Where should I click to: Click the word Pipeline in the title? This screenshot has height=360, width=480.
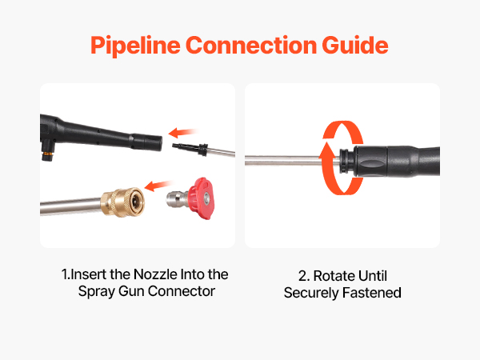[x=135, y=46]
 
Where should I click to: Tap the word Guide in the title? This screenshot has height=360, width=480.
[x=355, y=45]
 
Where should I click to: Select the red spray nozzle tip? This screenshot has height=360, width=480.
[x=201, y=198]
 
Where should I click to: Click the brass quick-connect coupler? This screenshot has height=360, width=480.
[x=122, y=202]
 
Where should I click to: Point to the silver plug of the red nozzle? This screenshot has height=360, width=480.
[x=178, y=199]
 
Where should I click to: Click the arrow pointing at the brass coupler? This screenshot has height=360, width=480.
[x=158, y=186]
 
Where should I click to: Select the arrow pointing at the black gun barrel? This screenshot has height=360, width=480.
[x=182, y=133]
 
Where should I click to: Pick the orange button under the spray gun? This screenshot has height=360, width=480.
[x=47, y=154]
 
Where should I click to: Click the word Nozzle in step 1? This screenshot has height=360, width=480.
[x=155, y=274]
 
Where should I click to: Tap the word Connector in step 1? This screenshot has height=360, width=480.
[x=182, y=291]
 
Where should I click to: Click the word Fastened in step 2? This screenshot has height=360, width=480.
[x=372, y=292]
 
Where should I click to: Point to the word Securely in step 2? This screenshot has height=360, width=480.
[x=311, y=293]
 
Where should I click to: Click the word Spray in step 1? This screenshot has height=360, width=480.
[x=96, y=292]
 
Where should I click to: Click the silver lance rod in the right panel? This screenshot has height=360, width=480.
[x=292, y=161]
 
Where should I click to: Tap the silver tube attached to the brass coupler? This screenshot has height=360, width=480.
[x=71, y=206]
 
